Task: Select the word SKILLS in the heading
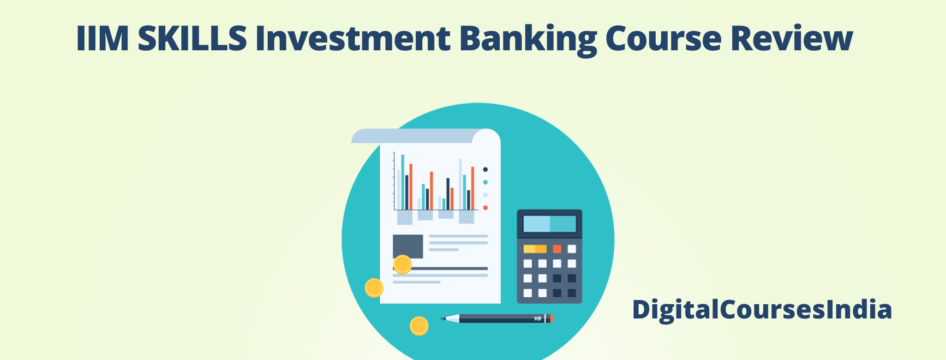point(192,38)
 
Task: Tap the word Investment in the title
point(353,38)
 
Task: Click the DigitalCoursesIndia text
point(762,309)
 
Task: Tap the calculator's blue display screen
point(550,224)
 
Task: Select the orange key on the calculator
point(557,249)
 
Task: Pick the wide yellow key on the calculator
point(535,249)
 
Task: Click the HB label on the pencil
point(538,318)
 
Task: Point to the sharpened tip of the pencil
point(441,318)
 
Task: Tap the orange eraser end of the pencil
point(551,318)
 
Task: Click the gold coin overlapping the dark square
point(402,264)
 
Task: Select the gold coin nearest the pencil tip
point(419,326)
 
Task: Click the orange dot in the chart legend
point(485,208)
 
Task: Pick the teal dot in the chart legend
point(485,182)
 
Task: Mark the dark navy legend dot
point(485,169)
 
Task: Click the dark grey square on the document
point(408,246)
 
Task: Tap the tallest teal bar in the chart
point(403,182)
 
